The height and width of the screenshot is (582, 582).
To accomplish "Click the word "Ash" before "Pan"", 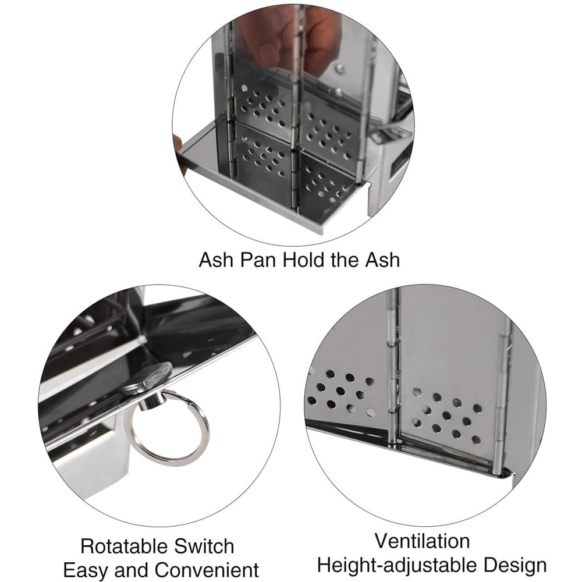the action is coord(217,260).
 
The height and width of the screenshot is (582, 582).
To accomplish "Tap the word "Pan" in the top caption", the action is coord(258,260).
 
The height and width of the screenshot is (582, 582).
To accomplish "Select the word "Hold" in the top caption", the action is coord(304,260).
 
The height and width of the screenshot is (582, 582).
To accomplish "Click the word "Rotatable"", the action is coord(123,546).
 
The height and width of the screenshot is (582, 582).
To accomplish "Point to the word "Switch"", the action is coord(204,546).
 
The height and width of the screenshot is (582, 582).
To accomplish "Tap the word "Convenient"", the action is coord(207,570).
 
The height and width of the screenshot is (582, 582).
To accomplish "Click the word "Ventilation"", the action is coord(423,541).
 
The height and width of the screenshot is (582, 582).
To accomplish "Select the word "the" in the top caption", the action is coord(346,260).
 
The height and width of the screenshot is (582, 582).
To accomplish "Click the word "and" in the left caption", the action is coord(130,570).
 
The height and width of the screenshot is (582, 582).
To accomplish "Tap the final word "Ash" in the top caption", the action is coord(383,260).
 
